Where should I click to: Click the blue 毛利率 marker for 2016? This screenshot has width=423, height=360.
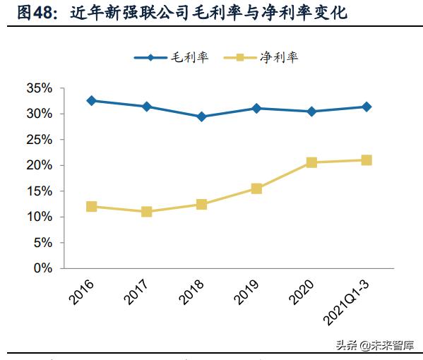(92, 101)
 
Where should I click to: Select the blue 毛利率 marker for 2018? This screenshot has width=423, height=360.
(201, 116)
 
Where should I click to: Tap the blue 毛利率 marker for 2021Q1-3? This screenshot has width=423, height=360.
(367, 107)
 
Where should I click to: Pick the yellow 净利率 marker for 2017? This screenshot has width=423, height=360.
(147, 212)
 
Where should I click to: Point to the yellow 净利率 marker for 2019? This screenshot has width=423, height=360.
(256, 188)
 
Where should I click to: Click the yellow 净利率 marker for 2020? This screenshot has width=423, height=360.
(311, 162)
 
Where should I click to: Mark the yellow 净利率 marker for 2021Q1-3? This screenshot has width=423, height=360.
(367, 160)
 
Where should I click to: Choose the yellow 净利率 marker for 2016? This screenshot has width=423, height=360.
(92, 207)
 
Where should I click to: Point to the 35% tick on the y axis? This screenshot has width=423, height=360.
(39, 88)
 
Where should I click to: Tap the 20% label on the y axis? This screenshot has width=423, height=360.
(39, 165)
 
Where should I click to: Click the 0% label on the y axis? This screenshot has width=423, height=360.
(42, 268)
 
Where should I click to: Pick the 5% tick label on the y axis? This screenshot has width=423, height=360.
(42, 243)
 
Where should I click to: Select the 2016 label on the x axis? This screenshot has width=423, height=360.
(83, 291)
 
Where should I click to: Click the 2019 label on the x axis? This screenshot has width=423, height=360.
(248, 291)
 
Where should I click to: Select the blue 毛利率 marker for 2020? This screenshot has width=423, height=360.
(311, 112)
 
